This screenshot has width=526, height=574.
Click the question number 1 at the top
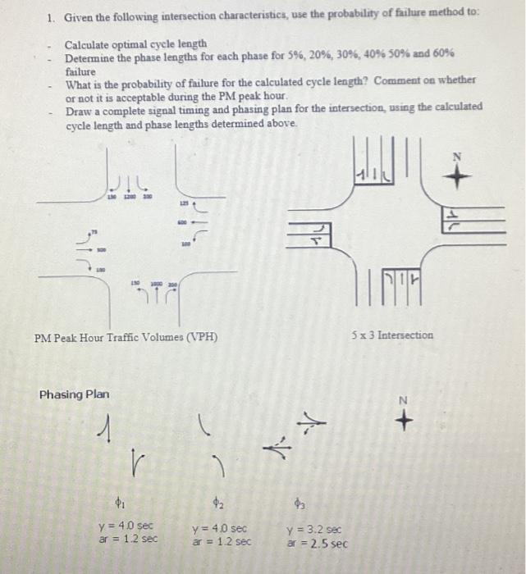click(50, 16)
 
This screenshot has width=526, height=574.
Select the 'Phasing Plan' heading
click(74, 394)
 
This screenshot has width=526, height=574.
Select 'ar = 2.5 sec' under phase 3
click(317, 543)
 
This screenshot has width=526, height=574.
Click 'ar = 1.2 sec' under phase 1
click(127, 538)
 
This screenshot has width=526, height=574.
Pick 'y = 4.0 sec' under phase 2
click(220, 528)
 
